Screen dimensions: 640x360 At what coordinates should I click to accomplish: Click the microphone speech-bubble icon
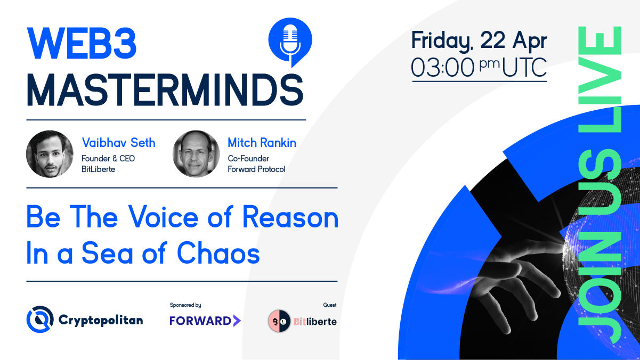coord(290,42)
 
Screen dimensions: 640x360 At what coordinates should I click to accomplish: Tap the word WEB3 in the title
coord(82,44)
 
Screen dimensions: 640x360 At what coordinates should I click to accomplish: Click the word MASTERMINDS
coord(165,90)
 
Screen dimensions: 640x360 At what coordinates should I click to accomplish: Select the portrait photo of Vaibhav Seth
coord(50,154)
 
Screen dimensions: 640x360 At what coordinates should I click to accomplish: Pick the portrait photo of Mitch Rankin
coord(196,154)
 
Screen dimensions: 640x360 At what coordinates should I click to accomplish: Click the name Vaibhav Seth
coord(119,143)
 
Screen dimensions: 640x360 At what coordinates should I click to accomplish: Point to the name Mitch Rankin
coord(262,143)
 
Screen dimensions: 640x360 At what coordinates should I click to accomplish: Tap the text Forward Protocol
coord(256,169)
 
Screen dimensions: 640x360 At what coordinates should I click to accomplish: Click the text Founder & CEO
coord(108,159)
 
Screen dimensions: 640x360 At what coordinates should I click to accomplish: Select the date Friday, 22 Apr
coord(479,41)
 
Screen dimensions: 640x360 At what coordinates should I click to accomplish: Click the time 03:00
coord(443,68)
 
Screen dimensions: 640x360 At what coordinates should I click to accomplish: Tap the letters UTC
coord(524,68)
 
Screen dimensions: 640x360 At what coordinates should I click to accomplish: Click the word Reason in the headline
coord(290,217)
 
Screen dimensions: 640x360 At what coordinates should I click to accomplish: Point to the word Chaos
coord(218,253)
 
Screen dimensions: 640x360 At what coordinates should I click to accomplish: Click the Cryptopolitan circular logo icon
coord(40,320)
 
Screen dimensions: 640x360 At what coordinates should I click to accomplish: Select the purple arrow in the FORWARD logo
coord(237,321)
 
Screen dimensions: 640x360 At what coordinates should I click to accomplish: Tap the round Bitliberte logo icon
coord(279,322)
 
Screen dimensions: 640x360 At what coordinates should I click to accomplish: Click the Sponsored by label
coord(185,305)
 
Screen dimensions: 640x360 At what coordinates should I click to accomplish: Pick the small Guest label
coord(330,305)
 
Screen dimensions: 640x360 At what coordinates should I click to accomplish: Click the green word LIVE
coord(600,80)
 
